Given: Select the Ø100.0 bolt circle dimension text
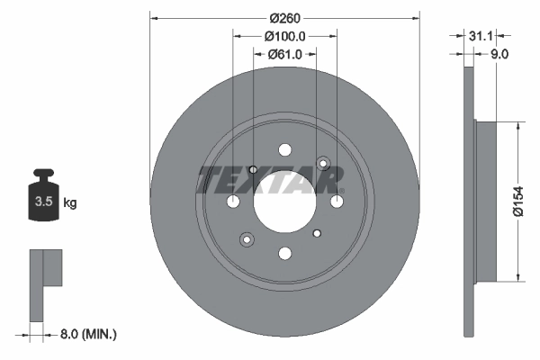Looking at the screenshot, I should (285, 36).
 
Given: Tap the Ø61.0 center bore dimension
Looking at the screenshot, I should (285, 55).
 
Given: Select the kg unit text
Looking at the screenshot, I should (69, 203).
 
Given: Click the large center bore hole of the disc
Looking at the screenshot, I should (284, 202).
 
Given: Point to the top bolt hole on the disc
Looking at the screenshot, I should (285, 149).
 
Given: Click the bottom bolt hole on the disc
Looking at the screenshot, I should (285, 254).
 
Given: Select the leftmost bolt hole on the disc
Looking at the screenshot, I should (233, 201).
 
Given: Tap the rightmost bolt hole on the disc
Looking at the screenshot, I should (337, 201).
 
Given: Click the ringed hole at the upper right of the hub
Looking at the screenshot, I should (325, 164).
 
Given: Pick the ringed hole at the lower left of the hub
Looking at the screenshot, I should (246, 239).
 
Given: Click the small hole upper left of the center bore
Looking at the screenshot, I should (253, 170).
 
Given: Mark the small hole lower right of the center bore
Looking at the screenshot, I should (316, 233).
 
